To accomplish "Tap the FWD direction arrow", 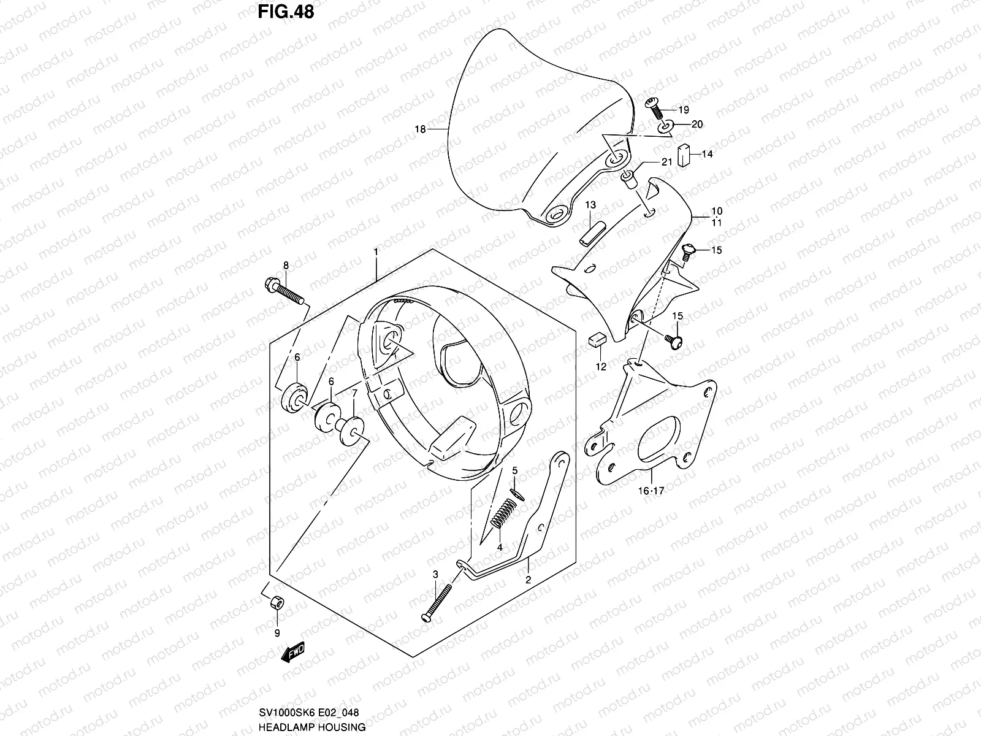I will tap(293, 653).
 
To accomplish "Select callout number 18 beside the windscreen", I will tap(420, 129).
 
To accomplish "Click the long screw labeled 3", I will tap(437, 602).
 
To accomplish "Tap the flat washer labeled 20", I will tap(665, 128).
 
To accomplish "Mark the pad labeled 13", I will tap(590, 233).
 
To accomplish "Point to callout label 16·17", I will tap(651, 491).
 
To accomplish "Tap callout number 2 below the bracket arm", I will tap(527, 578).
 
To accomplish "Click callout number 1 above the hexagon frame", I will tap(376, 252).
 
